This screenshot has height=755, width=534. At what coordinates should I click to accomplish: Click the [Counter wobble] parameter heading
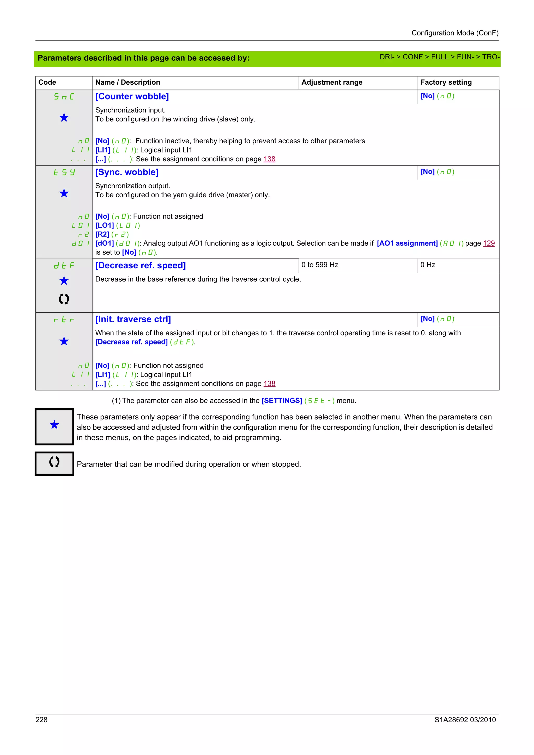click(x=132, y=96)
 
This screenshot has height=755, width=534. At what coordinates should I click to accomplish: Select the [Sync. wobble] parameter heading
click(x=127, y=172)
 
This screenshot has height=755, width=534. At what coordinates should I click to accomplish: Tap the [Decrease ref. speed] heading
click(x=141, y=265)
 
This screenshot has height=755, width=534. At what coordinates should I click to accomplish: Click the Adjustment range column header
click(x=332, y=83)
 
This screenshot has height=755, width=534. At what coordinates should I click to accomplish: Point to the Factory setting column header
click(x=446, y=83)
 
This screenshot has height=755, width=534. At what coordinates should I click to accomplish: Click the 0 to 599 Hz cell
click(x=319, y=265)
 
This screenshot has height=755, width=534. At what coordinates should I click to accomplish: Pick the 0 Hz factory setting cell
click(x=427, y=265)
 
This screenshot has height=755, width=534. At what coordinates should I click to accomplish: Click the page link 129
click(x=489, y=243)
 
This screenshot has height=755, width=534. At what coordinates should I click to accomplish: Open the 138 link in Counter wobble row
click(x=269, y=159)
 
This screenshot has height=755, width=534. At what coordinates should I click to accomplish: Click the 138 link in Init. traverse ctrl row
click(x=269, y=384)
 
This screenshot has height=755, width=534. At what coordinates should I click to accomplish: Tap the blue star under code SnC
click(x=64, y=117)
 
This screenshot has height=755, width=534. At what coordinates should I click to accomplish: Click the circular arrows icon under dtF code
click(x=64, y=299)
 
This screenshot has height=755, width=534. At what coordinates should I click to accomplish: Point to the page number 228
click(x=41, y=720)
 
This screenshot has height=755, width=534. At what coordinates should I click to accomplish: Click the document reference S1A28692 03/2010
click(x=465, y=720)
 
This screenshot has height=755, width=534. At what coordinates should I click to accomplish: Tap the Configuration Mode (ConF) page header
click(x=455, y=33)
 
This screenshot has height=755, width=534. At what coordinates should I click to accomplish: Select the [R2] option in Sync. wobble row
click(x=102, y=234)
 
